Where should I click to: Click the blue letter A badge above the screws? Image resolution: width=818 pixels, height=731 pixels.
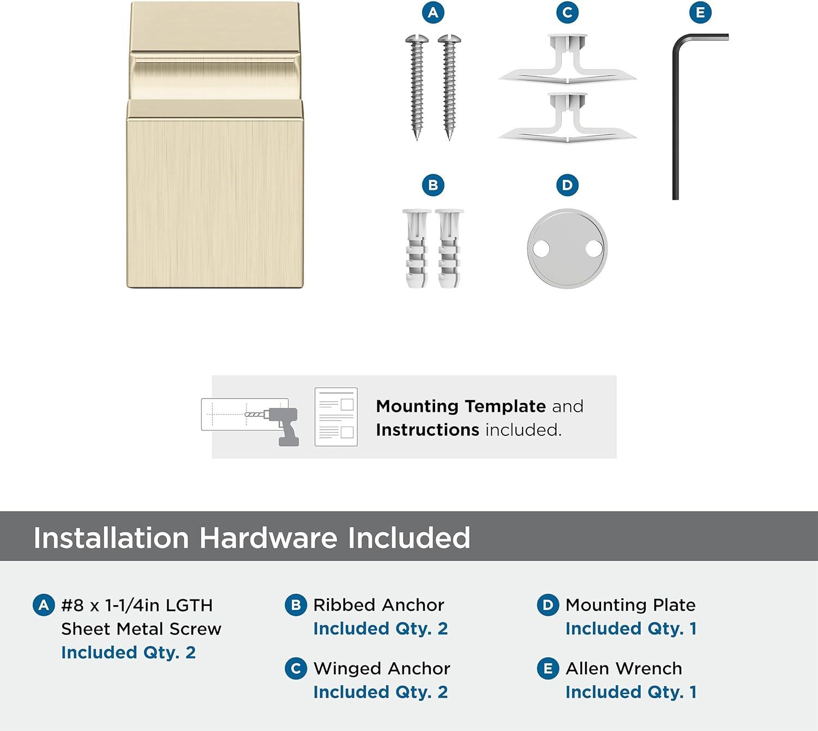pyautogui.click(x=433, y=13)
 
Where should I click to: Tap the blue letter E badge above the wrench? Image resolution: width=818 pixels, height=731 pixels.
pyautogui.click(x=700, y=13)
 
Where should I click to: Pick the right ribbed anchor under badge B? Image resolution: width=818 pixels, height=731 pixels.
pyautogui.click(x=449, y=248)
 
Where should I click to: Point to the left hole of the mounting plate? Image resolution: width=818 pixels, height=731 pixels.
pyautogui.click(x=541, y=249)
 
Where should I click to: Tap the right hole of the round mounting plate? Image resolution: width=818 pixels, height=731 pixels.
pyautogui.click(x=593, y=249)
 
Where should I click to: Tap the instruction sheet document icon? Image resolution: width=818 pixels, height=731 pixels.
pyautogui.click(x=336, y=417)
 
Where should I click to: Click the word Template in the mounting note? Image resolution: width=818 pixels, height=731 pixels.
pyautogui.click(x=505, y=406)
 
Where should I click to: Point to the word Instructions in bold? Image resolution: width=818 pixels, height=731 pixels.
pyautogui.click(x=428, y=430)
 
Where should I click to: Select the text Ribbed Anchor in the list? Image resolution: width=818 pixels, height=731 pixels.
pyautogui.click(x=378, y=605)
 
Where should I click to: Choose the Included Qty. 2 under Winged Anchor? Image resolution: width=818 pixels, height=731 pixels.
pyautogui.click(x=380, y=692)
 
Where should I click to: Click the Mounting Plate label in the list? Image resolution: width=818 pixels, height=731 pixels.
pyautogui.click(x=630, y=605)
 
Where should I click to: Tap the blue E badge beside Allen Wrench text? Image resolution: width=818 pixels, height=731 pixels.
pyautogui.click(x=548, y=669)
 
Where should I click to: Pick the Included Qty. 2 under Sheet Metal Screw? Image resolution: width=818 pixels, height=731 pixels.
pyautogui.click(x=128, y=652)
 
